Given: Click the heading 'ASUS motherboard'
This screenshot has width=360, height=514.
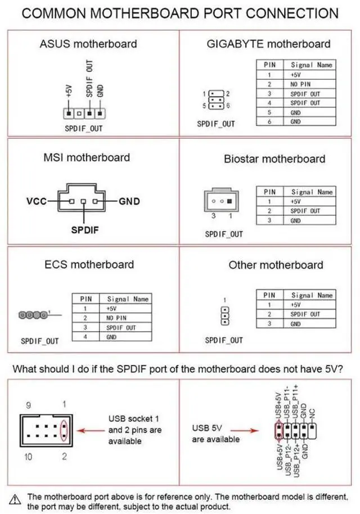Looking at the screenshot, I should click(88, 43).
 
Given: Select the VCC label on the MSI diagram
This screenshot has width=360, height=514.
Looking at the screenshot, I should click(36, 201).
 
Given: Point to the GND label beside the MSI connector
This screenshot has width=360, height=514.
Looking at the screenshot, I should click(129, 201).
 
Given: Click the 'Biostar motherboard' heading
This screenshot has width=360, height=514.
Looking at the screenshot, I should click(274, 159).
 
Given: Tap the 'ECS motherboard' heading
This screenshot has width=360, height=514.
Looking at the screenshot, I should click(89, 264).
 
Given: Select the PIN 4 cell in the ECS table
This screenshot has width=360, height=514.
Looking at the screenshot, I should click(85, 336).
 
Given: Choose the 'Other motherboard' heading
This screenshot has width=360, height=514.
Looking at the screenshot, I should click(276, 265).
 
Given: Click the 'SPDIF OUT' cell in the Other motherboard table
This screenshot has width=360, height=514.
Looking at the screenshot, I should click(305, 314).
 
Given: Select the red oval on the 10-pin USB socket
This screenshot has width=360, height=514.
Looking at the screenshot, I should click(64, 431).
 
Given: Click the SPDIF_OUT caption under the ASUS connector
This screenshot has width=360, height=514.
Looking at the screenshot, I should click(84, 128).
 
